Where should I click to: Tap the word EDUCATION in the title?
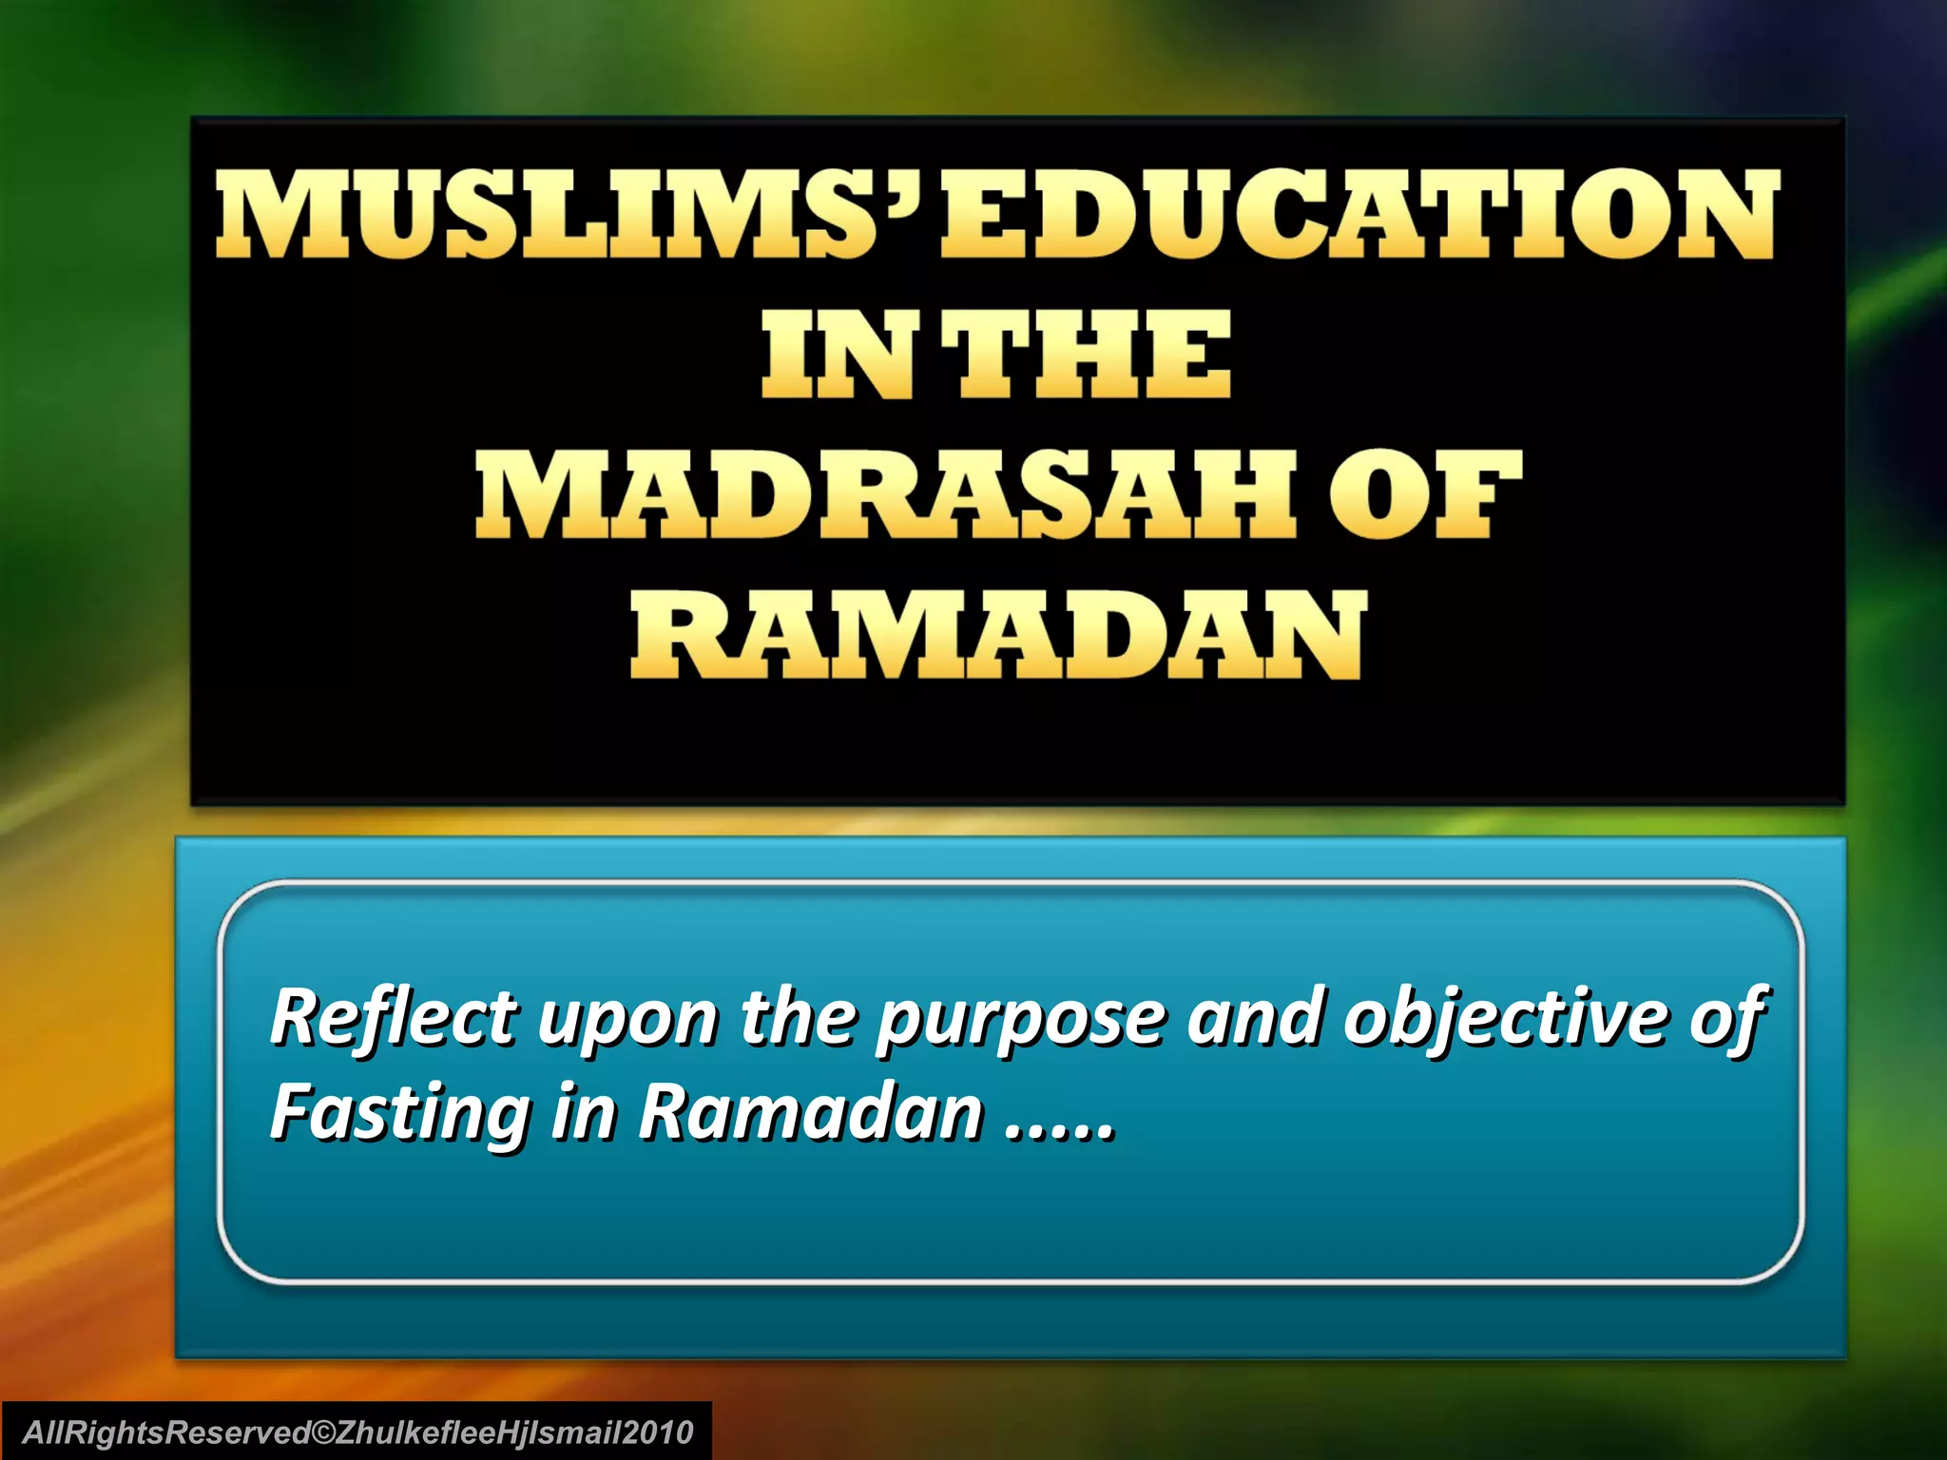pyautogui.click(x=1358, y=214)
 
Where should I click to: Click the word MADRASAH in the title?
pyautogui.click(x=884, y=496)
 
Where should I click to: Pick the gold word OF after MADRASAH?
pyautogui.click(x=1422, y=496)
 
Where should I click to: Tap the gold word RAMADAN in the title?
pyautogui.click(x=998, y=635)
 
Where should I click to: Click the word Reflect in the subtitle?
pyautogui.click(x=394, y=1017)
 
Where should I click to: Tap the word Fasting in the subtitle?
pyautogui.click(x=399, y=1114)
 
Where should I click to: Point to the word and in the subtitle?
pyautogui.click(x=1253, y=1017)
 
